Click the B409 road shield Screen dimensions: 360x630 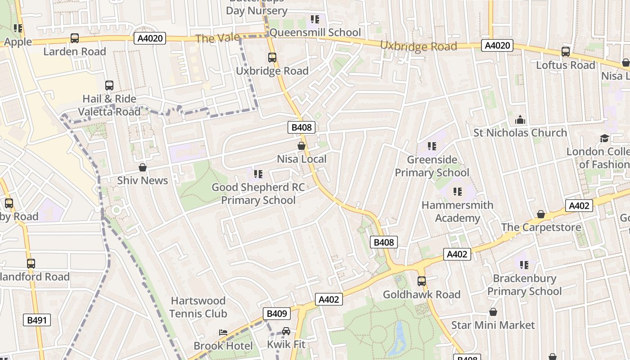(277, 314)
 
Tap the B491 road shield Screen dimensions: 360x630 (37, 320)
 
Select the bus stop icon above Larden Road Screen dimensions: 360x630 (75, 39)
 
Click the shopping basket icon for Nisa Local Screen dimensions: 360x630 (301, 146)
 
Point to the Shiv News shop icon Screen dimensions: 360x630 (143, 167)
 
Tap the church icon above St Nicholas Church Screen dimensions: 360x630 (520, 120)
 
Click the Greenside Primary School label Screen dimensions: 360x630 (432, 166)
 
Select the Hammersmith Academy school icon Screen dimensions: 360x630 (458, 192)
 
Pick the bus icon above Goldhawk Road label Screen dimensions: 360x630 (422, 281)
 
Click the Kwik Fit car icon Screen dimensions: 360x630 (286, 332)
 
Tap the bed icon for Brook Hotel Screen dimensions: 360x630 (223, 333)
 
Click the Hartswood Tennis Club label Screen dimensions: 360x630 (198, 307)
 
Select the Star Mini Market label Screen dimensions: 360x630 (493, 325)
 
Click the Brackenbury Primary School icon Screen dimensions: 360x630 (524, 265)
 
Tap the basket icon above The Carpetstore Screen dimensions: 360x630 (541, 214)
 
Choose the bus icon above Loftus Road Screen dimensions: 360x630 (566, 52)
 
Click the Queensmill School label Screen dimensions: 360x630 (315, 32)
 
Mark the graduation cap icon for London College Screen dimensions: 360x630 (604, 138)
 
